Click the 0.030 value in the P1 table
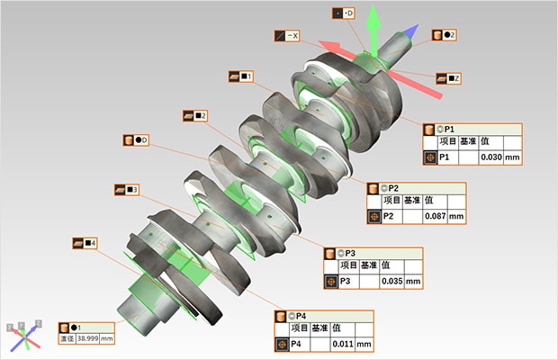[x=491, y=157]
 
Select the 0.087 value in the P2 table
[x=436, y=216]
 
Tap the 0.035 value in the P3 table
[x=391, y=282]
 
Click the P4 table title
[x=301, y=316]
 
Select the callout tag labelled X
[x=291, y=36]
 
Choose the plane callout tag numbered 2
[x=195, y=115]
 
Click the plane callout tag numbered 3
[x=126, y=190]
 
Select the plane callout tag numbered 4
[x=85, y=243]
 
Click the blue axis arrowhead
[x=409, y=32]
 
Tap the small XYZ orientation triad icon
[x=26, y=335]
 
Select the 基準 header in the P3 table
[x=368, y=265]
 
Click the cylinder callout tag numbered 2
[x=445, y=34]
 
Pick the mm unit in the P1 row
[x=514, y=157]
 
